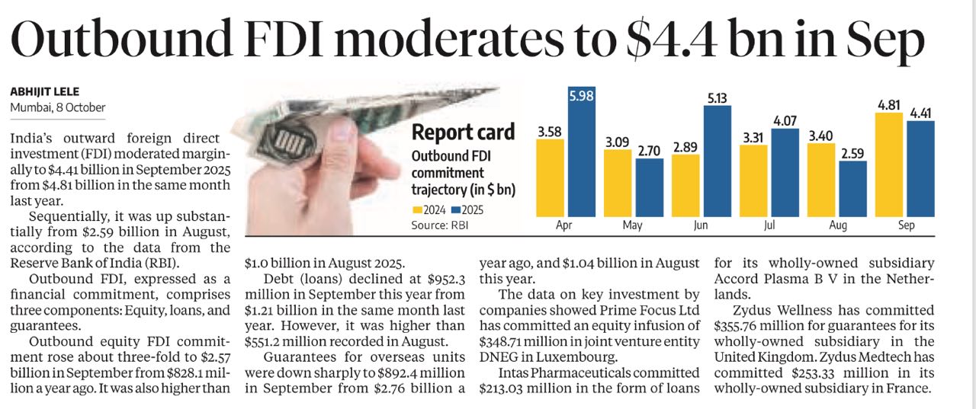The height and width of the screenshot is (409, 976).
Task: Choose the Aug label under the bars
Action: [x=836, y=226]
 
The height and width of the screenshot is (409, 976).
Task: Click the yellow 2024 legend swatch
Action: [x=418, y=209]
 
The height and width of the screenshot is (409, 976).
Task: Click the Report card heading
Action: [x=463, y=133]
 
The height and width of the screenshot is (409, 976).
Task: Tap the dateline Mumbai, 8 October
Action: [x=58, y=108]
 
